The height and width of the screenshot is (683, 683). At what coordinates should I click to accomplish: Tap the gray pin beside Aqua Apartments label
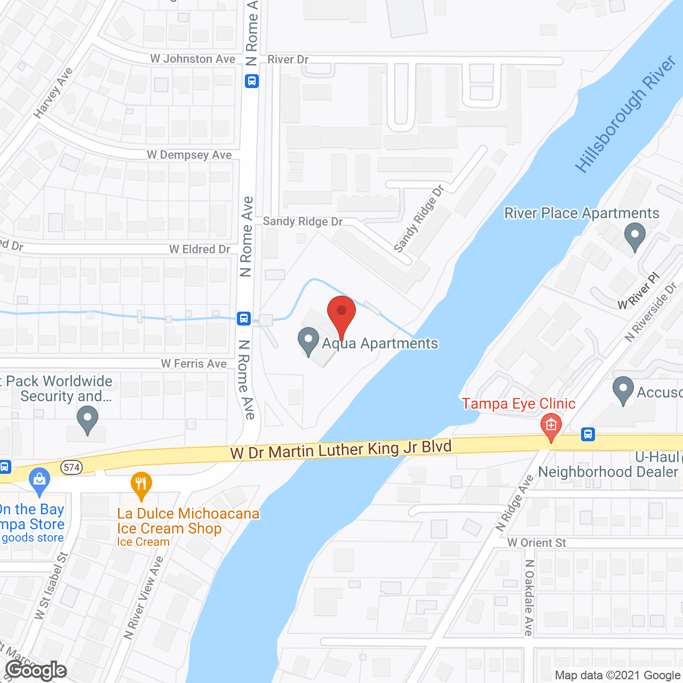click(308, 341)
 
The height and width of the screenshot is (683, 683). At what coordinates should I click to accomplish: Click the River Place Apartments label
click(582, 213)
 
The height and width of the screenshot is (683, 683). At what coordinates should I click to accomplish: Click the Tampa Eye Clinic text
click(519, 404)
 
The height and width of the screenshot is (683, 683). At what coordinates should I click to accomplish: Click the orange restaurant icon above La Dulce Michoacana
click(141, 485)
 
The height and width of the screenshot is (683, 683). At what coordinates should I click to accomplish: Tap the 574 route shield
click(72, 468)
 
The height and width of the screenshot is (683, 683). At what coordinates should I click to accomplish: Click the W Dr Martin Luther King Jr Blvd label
click(341, 449)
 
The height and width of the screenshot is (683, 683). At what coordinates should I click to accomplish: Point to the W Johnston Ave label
click(193, 59)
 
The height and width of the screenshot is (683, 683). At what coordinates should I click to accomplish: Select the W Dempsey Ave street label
click(189, 155)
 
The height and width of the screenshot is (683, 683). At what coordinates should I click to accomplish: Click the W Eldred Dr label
click(200, 249)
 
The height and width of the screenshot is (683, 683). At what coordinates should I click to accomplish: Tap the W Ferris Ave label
click(194, 364)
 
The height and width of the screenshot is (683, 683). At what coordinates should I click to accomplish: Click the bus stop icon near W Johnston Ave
click(252, 82)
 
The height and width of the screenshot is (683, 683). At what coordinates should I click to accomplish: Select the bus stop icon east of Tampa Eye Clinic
click(588, 434)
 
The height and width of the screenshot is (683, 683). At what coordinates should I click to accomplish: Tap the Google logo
click(36, 670)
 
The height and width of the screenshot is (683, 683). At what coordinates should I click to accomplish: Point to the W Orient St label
click(536, 543)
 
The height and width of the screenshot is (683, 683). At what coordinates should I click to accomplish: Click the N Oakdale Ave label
click(529, 598)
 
